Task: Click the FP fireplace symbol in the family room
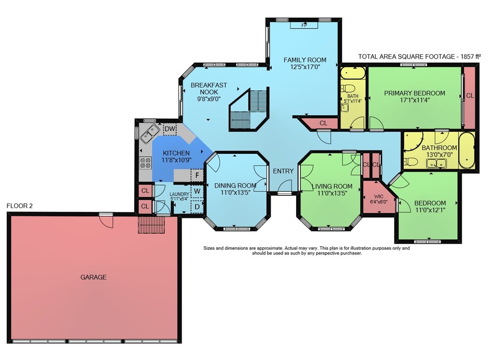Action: [304, 25]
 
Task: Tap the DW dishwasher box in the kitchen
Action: [170, 129]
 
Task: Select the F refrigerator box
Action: [197, 175]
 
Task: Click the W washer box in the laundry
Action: [197, 191]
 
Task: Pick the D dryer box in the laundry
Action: [197, 207]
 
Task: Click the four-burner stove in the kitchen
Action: [145, 163]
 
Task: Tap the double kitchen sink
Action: [150, 133]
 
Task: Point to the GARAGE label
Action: [93, 277]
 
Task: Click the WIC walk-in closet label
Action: [379, 196]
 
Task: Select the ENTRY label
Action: [283, 171]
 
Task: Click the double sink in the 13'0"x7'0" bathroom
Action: [437, 163]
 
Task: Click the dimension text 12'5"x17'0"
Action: [305, 66]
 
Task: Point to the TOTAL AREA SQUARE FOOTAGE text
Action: [420, 57]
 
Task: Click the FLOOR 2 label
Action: [20, 206]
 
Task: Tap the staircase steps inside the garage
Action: [151, 225]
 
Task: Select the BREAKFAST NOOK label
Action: [209, 88]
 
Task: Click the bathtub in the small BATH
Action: [353, 73]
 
